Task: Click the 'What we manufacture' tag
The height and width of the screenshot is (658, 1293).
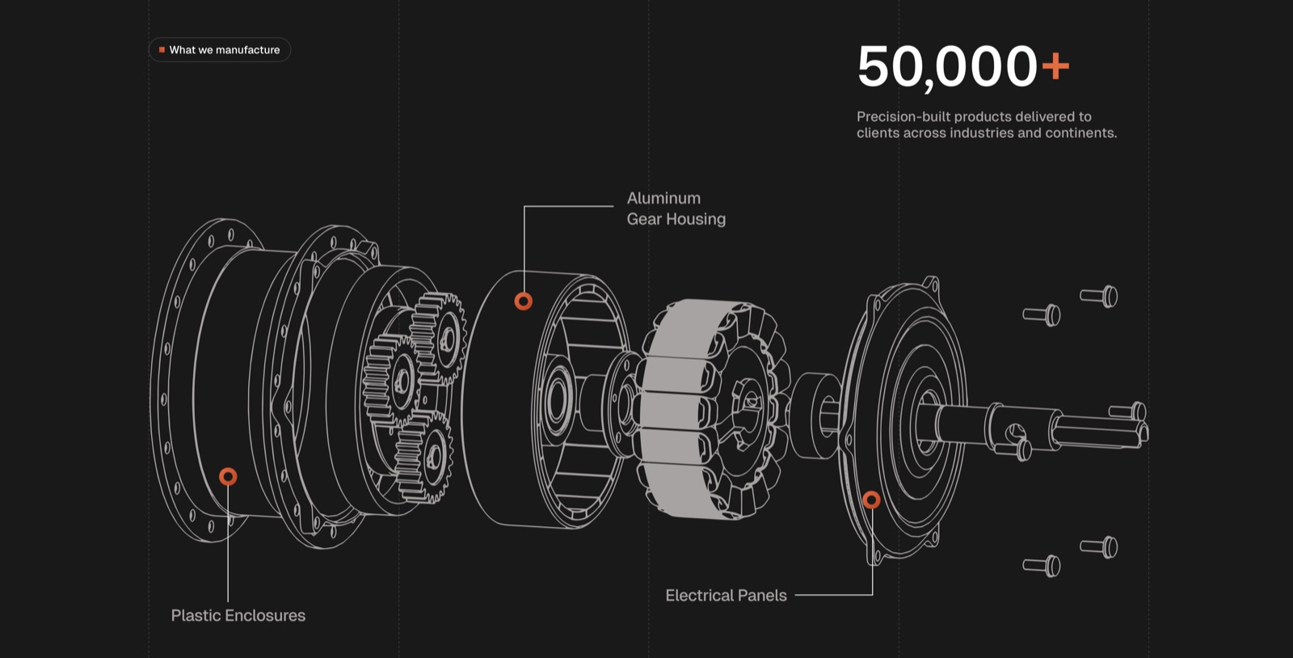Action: pos(219,49)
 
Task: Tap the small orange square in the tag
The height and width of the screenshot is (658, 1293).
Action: pos(162,49)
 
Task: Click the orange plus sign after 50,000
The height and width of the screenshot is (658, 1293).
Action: pos(1055,66)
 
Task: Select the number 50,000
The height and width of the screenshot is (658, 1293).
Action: pos(947,67)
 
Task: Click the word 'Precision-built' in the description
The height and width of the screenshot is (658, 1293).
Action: pos(903,116)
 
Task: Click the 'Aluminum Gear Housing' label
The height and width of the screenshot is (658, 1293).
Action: pos(676,209)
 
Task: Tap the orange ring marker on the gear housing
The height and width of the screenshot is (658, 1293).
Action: pos(524,302)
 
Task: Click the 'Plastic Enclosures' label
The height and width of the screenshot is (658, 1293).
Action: pos(238,615)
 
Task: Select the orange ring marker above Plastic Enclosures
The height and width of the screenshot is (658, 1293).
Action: pos(228,477)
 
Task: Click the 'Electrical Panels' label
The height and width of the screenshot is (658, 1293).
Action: pos(726,595)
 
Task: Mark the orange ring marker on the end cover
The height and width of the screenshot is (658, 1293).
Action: pos(872,500)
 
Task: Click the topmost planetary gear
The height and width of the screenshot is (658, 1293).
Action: pos(440,337)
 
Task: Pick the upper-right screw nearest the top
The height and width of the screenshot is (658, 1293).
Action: pos(1099,297)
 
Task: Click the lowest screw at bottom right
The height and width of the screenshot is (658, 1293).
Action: pos(1042,566)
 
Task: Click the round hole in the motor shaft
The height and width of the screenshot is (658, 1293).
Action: pos(1014,433)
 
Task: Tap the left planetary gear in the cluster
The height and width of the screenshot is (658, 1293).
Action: pos(390,381)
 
